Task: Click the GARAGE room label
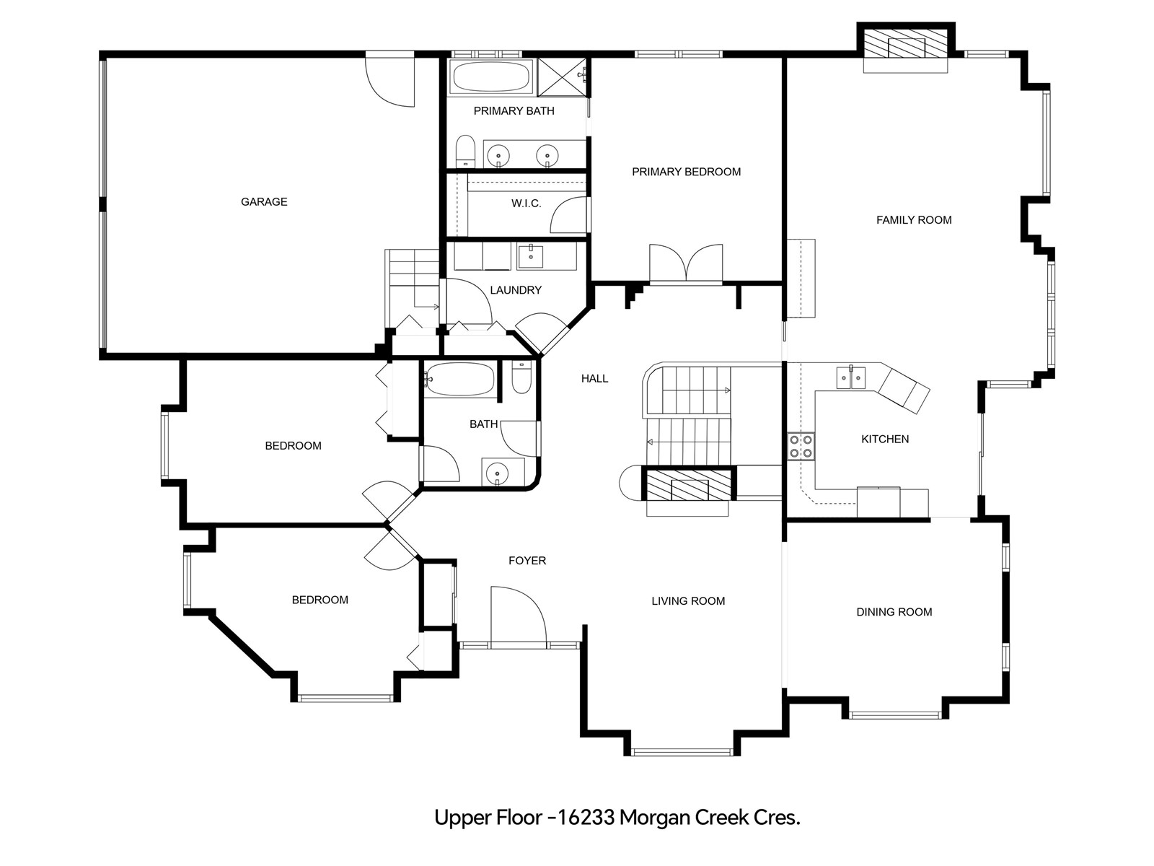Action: [264, 202]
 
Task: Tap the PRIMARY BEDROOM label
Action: [686, 172]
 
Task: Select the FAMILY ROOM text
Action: [914, 220]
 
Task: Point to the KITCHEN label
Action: [885, 439]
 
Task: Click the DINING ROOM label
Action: [894, 612]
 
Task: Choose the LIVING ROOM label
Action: [688, 601]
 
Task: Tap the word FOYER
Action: [527, 561]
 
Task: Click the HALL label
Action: [594, 379]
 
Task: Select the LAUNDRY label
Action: [516, 290]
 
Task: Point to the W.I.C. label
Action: [527, 204]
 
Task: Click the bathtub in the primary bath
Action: [491, 78]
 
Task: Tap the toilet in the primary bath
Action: [464, 152]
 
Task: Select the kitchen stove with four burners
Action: [801, 447]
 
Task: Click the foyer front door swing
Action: [519, 615]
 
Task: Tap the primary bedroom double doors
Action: [686, 263]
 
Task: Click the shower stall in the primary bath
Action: [562, 77]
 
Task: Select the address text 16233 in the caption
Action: [586, 818]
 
